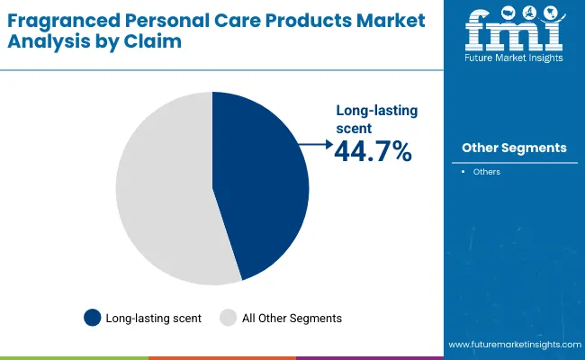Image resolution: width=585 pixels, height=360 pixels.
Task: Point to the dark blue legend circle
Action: coord(92,318)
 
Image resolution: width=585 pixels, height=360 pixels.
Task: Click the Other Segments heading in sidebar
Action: coord(514,148)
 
